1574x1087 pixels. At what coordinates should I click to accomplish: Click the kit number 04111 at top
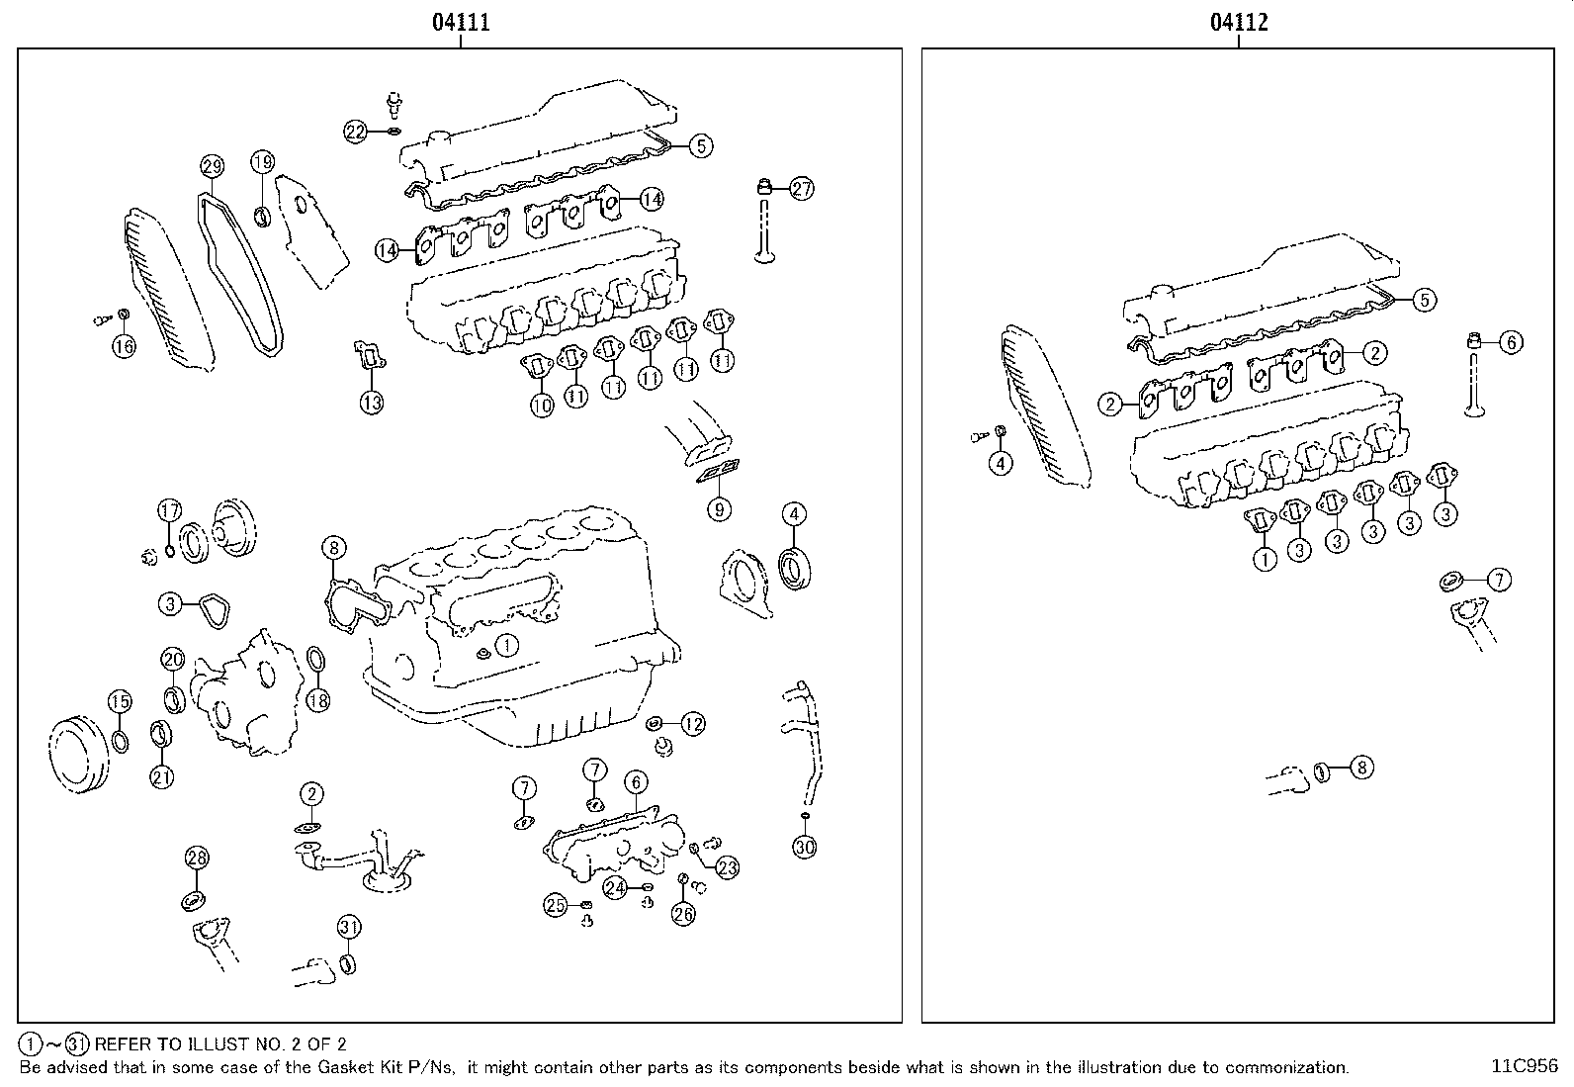pos(460,22)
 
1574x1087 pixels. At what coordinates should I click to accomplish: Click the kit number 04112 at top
pos(1239,22)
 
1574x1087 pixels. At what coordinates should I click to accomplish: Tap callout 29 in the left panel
pos(212,166)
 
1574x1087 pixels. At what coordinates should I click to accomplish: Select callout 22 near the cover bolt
pos(356,131)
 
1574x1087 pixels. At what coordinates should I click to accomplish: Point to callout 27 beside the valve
pos(801,189)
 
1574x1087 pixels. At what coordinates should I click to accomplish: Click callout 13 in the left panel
pos(371,403)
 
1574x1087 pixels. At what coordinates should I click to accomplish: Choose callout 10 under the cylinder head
pos(542,405)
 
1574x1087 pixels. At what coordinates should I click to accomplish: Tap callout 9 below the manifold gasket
pos(720,509)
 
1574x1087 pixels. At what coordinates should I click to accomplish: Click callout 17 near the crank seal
pos(170,511)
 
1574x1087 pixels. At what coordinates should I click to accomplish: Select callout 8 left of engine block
pos(333,547)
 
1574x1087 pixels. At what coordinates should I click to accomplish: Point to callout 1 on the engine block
pos(506,646)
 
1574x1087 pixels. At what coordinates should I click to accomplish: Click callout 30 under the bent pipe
pos(805,846)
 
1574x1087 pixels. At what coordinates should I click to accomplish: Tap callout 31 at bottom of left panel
pos(349,927)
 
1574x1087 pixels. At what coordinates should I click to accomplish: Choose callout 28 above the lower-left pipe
pos(197,858)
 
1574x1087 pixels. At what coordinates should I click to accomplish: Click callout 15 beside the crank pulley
pos(119,702)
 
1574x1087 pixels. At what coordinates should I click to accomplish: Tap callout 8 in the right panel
pos(1361,766)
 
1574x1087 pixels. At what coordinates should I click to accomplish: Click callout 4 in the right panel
pos(1001,463)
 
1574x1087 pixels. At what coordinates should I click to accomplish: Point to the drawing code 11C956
pos(1525,1066)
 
